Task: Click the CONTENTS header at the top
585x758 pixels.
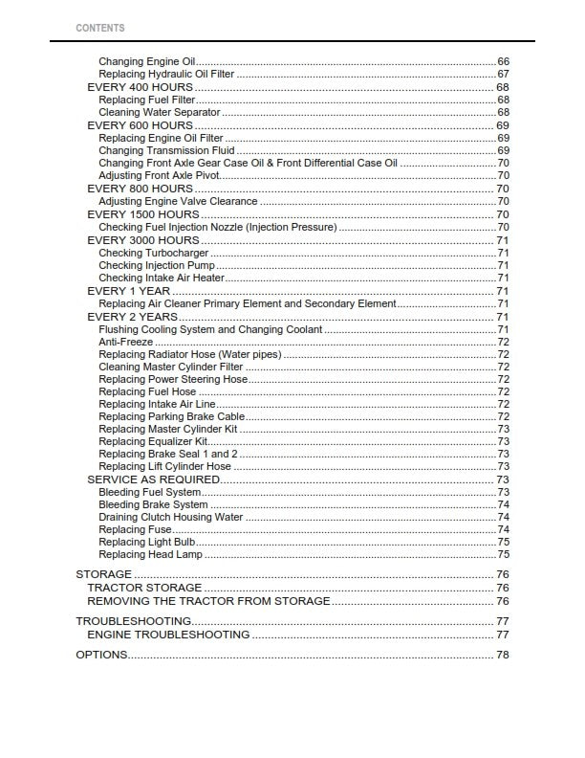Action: coord(99,29)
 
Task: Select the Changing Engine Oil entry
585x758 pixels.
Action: coord(146,62)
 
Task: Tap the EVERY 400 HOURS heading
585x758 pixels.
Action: coord(140,87)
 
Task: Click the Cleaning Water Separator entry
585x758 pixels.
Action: coord(160,113)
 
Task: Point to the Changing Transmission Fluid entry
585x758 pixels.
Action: coord(166,150)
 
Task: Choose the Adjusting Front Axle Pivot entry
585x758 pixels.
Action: coord(159,176)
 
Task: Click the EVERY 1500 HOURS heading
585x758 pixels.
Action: coord(143,214)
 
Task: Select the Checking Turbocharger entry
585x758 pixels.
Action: coord(153,253)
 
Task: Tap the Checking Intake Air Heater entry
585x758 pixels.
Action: coord(162,278)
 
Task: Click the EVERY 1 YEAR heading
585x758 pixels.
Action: coord(129,291)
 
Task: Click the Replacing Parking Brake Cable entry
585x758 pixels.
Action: coord(171,416)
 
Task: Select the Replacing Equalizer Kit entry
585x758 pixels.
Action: coord(153,442)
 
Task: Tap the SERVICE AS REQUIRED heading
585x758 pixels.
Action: coord(153,479)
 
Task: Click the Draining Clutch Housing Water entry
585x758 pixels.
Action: coord(170,517)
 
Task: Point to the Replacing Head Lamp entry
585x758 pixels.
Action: coord(150,554)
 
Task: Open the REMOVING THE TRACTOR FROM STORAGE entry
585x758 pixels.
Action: coord(208,601)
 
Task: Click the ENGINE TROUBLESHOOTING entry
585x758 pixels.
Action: coord(168,635)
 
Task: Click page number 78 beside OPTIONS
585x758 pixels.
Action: coord(502,655)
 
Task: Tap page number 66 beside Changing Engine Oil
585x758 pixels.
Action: coord(503,62)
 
